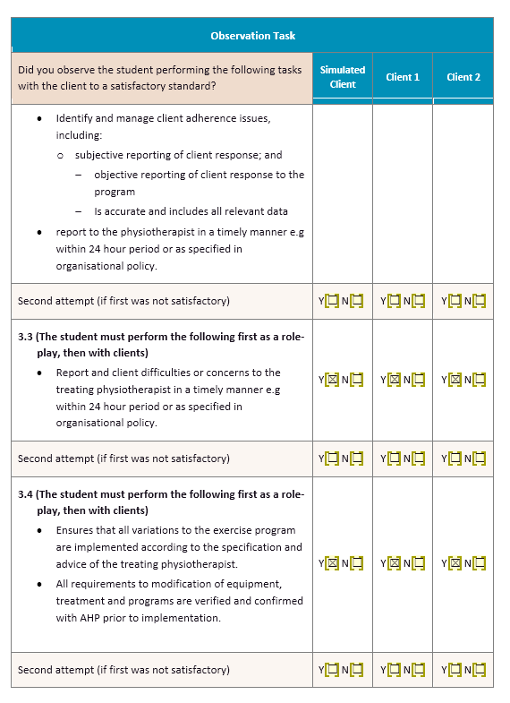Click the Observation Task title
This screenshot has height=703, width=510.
[252, 36]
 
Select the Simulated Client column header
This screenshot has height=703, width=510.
[343, 77]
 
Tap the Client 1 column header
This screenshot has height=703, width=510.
[403, 77]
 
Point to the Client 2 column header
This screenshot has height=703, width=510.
[463, 77]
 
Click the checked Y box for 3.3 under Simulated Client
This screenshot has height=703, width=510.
[332, 380]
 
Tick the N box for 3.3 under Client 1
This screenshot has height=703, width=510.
[419, 380]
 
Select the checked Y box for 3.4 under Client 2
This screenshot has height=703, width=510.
[455, 564]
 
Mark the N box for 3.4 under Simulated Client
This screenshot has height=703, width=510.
[357, 564]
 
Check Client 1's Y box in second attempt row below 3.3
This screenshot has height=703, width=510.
[394, 459]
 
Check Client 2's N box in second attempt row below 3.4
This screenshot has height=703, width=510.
[480, 670]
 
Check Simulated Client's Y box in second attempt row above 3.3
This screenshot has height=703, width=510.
[332, 301]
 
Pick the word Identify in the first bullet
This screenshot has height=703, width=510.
[73, 118]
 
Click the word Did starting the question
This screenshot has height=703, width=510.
[26, 69]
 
